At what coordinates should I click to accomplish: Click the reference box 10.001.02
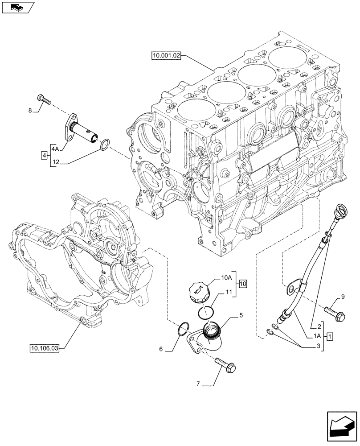pos(166,56)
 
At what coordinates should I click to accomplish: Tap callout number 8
pos(30,110)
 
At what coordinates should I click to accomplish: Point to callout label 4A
pos(55,148)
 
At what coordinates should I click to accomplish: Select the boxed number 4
pos(44,155)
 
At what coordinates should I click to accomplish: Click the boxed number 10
pos(242,284)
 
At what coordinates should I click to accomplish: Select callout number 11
pos(229,292)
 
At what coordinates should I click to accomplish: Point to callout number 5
pos(241,316)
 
